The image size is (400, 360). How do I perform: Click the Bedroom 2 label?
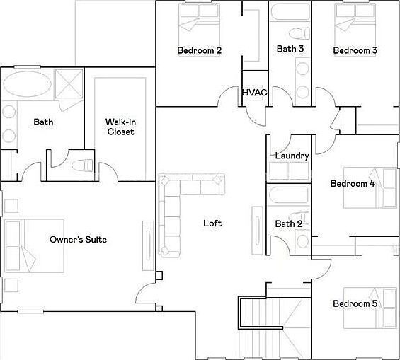[199, 50]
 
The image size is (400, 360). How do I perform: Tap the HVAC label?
[253, 93]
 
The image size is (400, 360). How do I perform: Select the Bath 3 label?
[290, 49]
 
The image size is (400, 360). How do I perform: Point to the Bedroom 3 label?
[355, 50]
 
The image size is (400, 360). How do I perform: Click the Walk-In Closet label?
[120, 127]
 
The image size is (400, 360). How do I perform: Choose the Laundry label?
[290, 156]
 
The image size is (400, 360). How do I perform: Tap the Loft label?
[212, 223]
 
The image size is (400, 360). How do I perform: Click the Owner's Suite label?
[78, 240]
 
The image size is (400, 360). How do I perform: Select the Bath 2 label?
[289, 224]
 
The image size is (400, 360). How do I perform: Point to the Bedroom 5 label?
[355, 304]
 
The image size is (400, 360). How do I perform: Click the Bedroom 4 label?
[352, 184]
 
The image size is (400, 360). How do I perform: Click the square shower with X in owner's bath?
[67, 83]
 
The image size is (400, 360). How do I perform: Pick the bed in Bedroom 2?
[198, 19]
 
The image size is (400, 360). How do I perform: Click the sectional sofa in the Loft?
[177, 205]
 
